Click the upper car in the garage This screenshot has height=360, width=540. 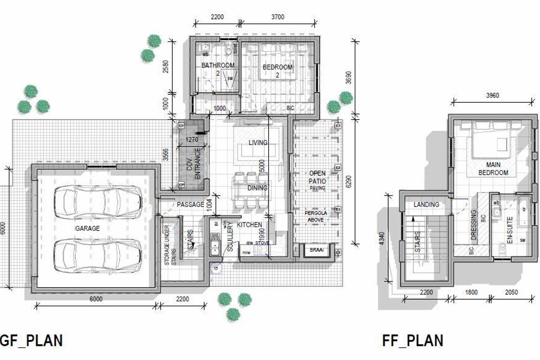tap(98, 198)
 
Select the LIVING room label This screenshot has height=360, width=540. tap(257, 143)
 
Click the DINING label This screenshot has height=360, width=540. tap(257, 188)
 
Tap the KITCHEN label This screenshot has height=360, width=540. tap(249, 225)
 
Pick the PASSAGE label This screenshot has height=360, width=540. tap(190, 205)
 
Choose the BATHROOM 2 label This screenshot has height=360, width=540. tap(218, 68)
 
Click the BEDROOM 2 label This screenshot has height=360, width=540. tap(277, 71)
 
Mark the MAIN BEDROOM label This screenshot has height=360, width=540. tap(493, 169)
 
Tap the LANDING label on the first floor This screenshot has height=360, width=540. tap(426, 204)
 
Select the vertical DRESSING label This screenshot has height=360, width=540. tap(473, 225)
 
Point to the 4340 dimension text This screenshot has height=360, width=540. tap(382, 238)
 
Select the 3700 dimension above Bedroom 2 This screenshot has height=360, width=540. tap(278, 17)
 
